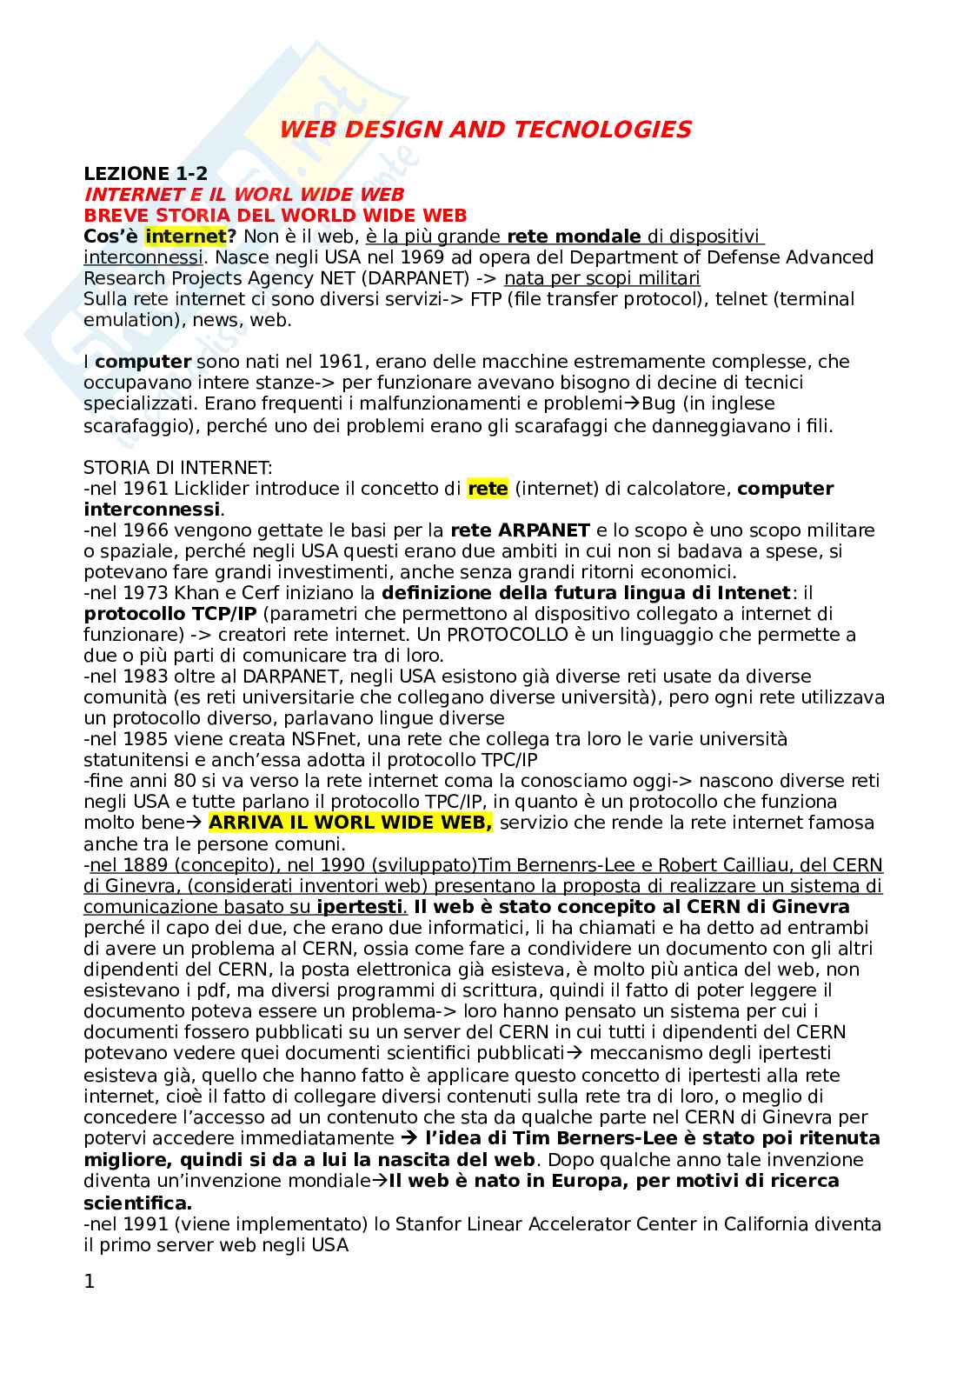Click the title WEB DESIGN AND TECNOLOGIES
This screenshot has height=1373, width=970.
point(485,130)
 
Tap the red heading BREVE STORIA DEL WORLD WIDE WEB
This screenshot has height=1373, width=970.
point(275,215)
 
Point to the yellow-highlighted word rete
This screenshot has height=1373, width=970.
point(488,489)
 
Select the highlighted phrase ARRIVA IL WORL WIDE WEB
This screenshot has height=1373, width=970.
point(350,823)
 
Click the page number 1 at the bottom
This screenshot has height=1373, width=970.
point(90,1281)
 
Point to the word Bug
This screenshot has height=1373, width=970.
point(659,403)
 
